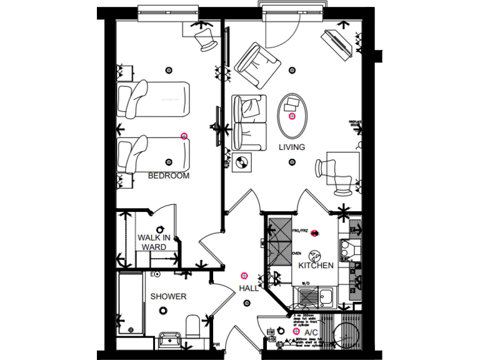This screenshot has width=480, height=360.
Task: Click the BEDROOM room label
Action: pos(168,176)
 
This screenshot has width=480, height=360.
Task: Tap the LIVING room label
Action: pos(291,147)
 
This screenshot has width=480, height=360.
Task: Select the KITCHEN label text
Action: pos(316,266)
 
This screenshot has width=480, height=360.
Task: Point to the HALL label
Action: pos(249,289)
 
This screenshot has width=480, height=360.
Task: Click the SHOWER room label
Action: pos(168,296)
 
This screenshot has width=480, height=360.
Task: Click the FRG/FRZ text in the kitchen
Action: pos(300,231)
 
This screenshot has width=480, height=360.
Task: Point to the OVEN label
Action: pos(296,254)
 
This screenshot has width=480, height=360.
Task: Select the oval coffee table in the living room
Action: pos(292,116)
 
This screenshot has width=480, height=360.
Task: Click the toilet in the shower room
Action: pos(193,327)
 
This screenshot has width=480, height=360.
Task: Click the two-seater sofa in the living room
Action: pos(249,122)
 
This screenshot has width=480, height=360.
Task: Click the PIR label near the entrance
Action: pos(216,344)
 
